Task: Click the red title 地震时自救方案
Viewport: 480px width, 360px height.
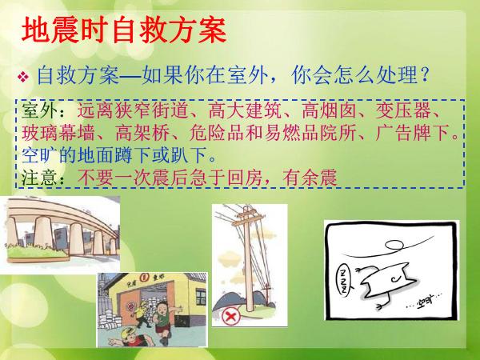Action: pos(124,30)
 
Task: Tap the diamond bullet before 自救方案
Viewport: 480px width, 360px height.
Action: pos(23,77)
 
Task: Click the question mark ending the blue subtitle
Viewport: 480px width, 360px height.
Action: pos(424,74)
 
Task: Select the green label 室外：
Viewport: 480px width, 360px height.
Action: pos(43,110)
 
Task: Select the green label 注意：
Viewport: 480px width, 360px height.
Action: pos(43,178)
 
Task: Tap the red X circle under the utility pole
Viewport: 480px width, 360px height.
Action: pos(231,317)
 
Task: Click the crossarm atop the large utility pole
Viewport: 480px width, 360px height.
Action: pos(247,218)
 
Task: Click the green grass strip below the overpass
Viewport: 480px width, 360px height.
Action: pos(37,252)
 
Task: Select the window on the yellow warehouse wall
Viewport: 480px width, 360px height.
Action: pos(201,298)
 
